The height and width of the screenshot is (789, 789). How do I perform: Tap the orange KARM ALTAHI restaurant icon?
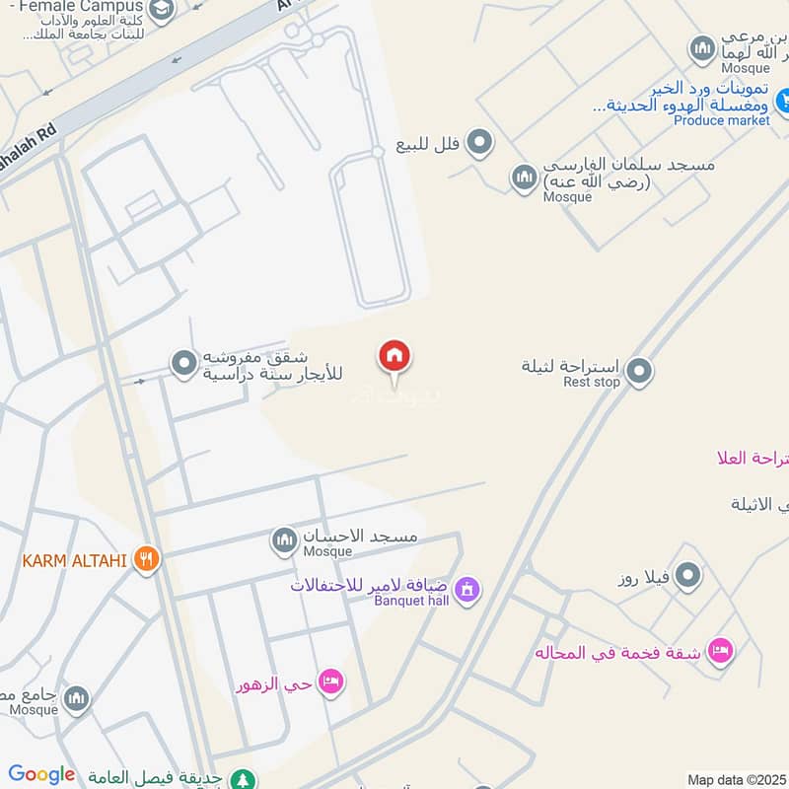point(147,560)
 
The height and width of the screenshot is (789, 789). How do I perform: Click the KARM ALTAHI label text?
point(75,561)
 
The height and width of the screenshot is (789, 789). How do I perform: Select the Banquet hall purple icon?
point(468,590)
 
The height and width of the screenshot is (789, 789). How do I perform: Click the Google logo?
point(41,775)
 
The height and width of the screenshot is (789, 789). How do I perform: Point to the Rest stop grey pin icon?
point(639,372)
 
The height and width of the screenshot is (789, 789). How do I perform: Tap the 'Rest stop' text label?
point(592,382)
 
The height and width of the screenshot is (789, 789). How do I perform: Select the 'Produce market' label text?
point(722,120)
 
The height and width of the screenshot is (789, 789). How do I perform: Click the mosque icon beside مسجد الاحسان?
point(284,539)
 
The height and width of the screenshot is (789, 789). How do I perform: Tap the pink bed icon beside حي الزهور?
point(331,681)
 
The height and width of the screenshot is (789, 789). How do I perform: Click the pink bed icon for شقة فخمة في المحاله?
point(721,650)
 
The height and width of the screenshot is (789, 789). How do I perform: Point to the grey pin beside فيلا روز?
point(688,575)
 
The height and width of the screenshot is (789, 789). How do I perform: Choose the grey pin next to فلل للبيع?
point(480,144)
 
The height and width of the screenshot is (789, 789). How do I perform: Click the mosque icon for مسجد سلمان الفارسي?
point(524,178)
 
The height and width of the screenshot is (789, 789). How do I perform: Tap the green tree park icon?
point(242,778)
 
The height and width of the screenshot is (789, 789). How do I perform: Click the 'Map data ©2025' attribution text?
point(737,779)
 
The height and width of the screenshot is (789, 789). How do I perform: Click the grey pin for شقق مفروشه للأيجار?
point(183,364)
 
